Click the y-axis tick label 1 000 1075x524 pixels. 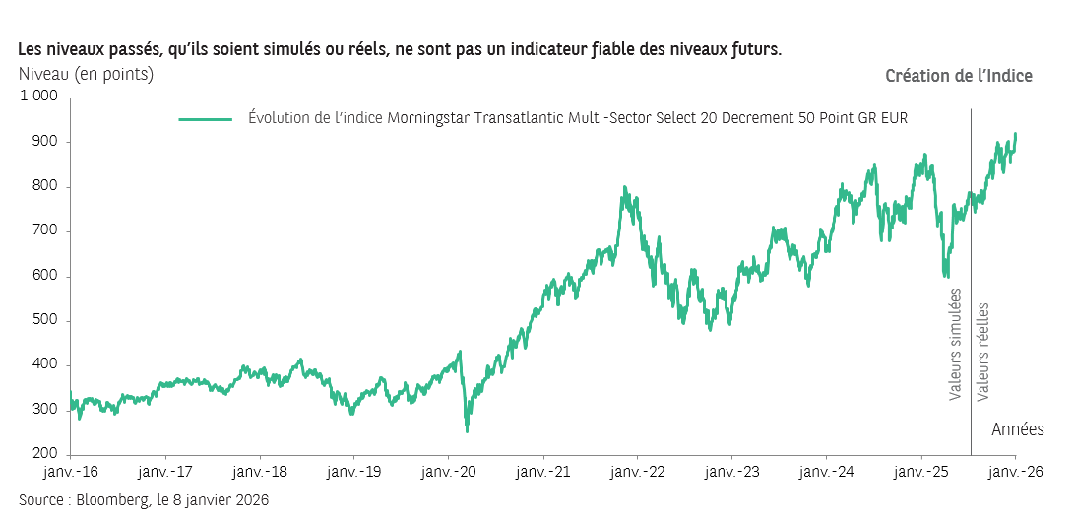point(39,97)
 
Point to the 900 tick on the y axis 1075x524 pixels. point(46,142)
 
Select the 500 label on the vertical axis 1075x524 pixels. point(46,321)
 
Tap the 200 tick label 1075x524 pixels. point(46,455)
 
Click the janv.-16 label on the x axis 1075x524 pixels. point(71,472)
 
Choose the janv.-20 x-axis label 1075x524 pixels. point(449,472)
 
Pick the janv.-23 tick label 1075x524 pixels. point(732,472)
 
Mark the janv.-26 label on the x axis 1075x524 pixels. point(1015,472)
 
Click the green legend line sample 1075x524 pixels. point(205,119)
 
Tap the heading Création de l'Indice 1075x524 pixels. point(959,76)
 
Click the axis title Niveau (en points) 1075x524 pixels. point(86,73)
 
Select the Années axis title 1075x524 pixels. point(1017,429)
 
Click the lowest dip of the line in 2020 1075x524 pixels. point(467,430)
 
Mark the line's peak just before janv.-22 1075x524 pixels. point(624,187)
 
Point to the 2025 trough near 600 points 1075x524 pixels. point(946,277)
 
